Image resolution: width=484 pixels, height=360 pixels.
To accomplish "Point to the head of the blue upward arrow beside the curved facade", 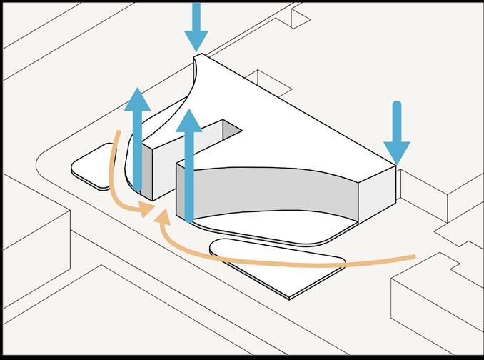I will [x=189, y=121].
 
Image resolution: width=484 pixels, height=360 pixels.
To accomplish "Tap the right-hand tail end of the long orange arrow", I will [x=414, y=256].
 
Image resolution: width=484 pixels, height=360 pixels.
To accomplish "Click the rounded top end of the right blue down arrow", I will [x=397, y=106].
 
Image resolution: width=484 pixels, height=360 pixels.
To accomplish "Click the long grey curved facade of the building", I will [x=271, y=193].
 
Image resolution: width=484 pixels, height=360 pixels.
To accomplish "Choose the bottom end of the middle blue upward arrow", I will [x=189, y=218].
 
